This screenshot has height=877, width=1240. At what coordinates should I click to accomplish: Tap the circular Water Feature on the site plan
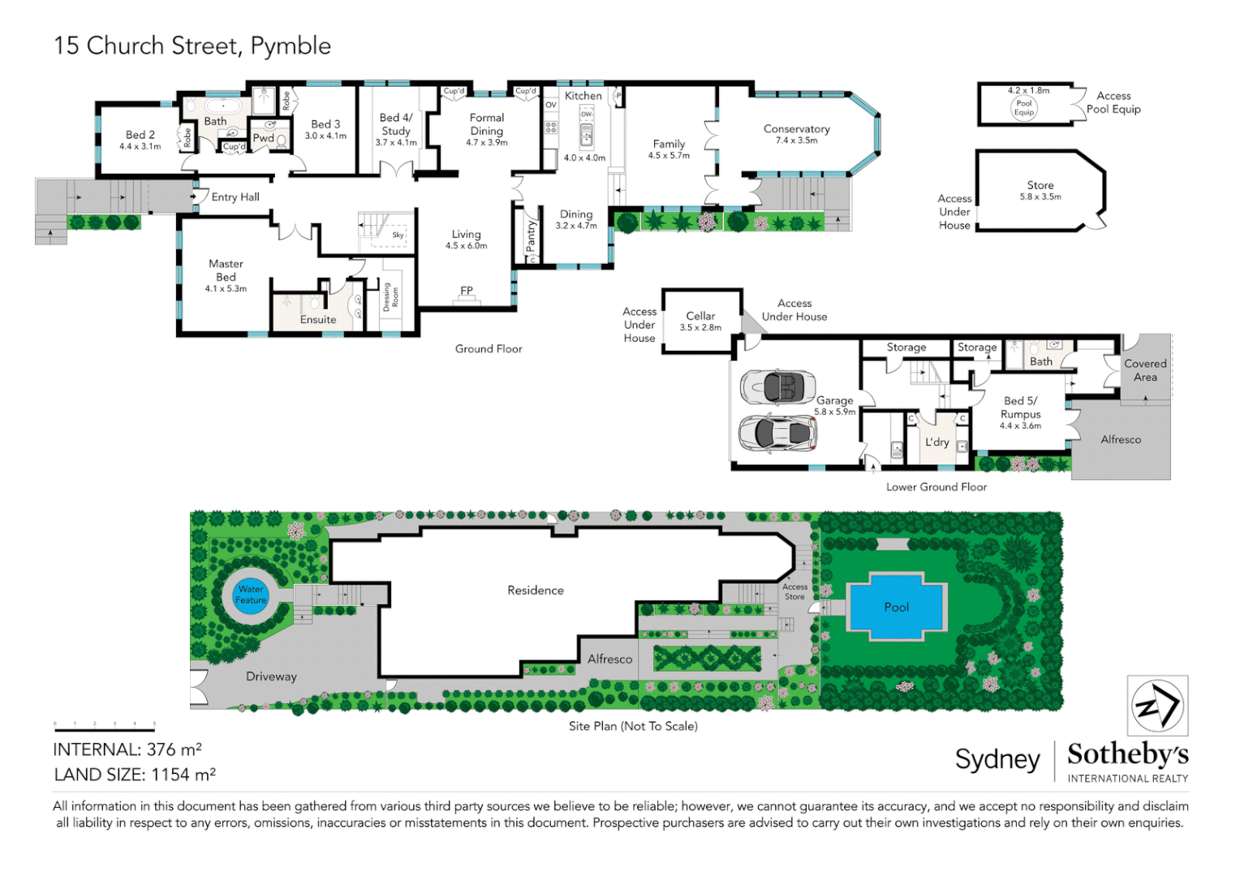pyautogui.click(x=251, y=595)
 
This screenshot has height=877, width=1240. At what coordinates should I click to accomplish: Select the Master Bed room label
pyautogui.click(x=226, y=270)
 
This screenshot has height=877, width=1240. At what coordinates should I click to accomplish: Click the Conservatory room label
pyautogui.click(x=796, y=129)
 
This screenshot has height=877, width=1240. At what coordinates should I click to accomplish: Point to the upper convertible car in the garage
pyautogui.click(x=777, y=387)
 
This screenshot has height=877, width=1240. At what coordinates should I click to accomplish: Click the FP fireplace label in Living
pyautogui.click(x=467, y=291)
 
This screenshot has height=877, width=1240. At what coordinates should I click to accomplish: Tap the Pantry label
pyautogui.click(x=532, y=236)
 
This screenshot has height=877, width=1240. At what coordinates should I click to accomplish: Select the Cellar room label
pyautogui.click(x=700, y=316)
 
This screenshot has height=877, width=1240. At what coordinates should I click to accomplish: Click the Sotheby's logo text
pyautogui.click(x=1127, y=754)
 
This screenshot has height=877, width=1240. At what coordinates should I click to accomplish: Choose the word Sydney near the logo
pyautogui.click(x=997, y=759)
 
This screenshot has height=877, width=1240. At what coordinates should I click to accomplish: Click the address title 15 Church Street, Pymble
pyautogui.click(x=192, y=45)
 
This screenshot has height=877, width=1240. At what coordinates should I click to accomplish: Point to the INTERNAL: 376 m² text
pyautogui.click(x=127, y=750)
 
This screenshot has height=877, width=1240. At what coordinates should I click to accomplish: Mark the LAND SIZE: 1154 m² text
pyautogui.click(x=135, y=775)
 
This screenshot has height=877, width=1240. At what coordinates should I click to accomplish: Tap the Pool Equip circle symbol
pyautogui.click(x=1024, y=107)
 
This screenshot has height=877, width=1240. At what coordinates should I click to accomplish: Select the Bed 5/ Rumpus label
pyautogui.click(x=1020, y=408)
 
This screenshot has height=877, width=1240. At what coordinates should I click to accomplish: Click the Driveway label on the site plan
pyautogui.click(x=271, y=676)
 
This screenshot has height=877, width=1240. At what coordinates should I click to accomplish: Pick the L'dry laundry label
pyautogui.click(x=937, y=443)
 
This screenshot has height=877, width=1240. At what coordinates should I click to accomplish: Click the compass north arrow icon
pyautogui.click(x=1157, y=706)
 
